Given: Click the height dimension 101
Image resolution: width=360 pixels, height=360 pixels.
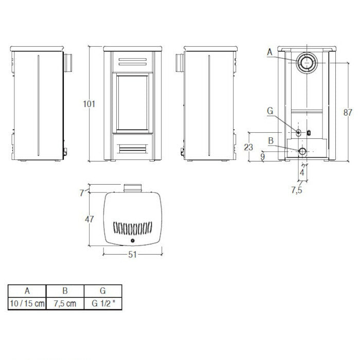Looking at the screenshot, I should [89, 103].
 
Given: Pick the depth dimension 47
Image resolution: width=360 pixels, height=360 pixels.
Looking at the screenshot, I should [89, 220].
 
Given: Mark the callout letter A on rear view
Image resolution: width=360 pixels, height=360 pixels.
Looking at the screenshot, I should [269, 52].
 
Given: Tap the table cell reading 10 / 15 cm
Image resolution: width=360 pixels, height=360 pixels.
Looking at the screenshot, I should [27, 303].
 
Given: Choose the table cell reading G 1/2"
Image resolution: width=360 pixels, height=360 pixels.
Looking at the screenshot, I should [103, 303].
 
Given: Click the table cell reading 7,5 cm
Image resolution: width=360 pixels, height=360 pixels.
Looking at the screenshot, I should [65, 303].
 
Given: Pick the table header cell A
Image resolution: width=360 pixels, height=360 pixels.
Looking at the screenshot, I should [27, 290].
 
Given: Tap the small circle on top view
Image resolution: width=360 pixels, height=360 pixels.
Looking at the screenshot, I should [133, 241].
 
